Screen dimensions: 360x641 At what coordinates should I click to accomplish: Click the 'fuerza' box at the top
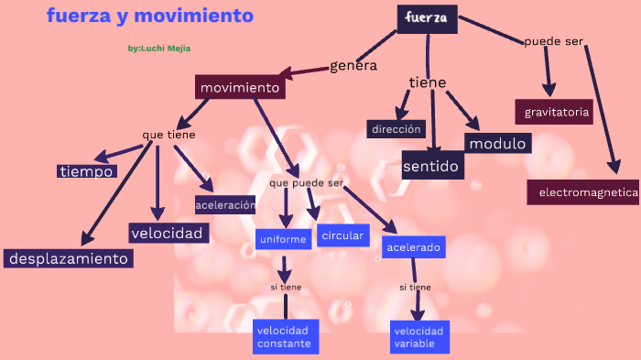click(x=427, y=18)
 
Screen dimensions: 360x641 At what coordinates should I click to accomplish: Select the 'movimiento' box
click(x=240, y=88)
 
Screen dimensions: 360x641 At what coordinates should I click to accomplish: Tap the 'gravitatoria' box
click(x=553, y=113)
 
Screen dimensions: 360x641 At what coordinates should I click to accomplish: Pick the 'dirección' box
click(x=397, y=129)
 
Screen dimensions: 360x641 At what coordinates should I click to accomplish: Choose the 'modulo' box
click(x=497, y=144)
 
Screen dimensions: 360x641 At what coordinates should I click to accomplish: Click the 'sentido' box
click(x=432, y=166)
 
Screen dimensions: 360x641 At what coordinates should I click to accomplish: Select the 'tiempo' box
click(x=87, y=171)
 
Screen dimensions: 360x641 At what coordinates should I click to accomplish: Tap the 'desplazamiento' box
click(x=69, y=258)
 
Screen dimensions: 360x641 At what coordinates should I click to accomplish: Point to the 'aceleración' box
click(x=225, y=205)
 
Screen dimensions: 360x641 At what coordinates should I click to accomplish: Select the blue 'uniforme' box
click(x=283, y=239)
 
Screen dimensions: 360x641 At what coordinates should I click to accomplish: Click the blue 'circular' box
click(x=343, y=235)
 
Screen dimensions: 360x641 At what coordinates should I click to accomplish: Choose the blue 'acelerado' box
click(x=414, y=247)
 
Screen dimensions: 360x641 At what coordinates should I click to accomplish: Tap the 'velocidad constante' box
click(x=284, y=336)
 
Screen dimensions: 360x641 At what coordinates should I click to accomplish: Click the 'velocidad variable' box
click(x=419, y=336)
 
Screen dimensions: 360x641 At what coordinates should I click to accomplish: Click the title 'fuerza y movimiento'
click(x=150, y=16)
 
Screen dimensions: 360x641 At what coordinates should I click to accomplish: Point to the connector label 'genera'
click(x=353, y=65)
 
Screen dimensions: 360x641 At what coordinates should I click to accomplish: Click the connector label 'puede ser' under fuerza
click(x=553, y=41)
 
